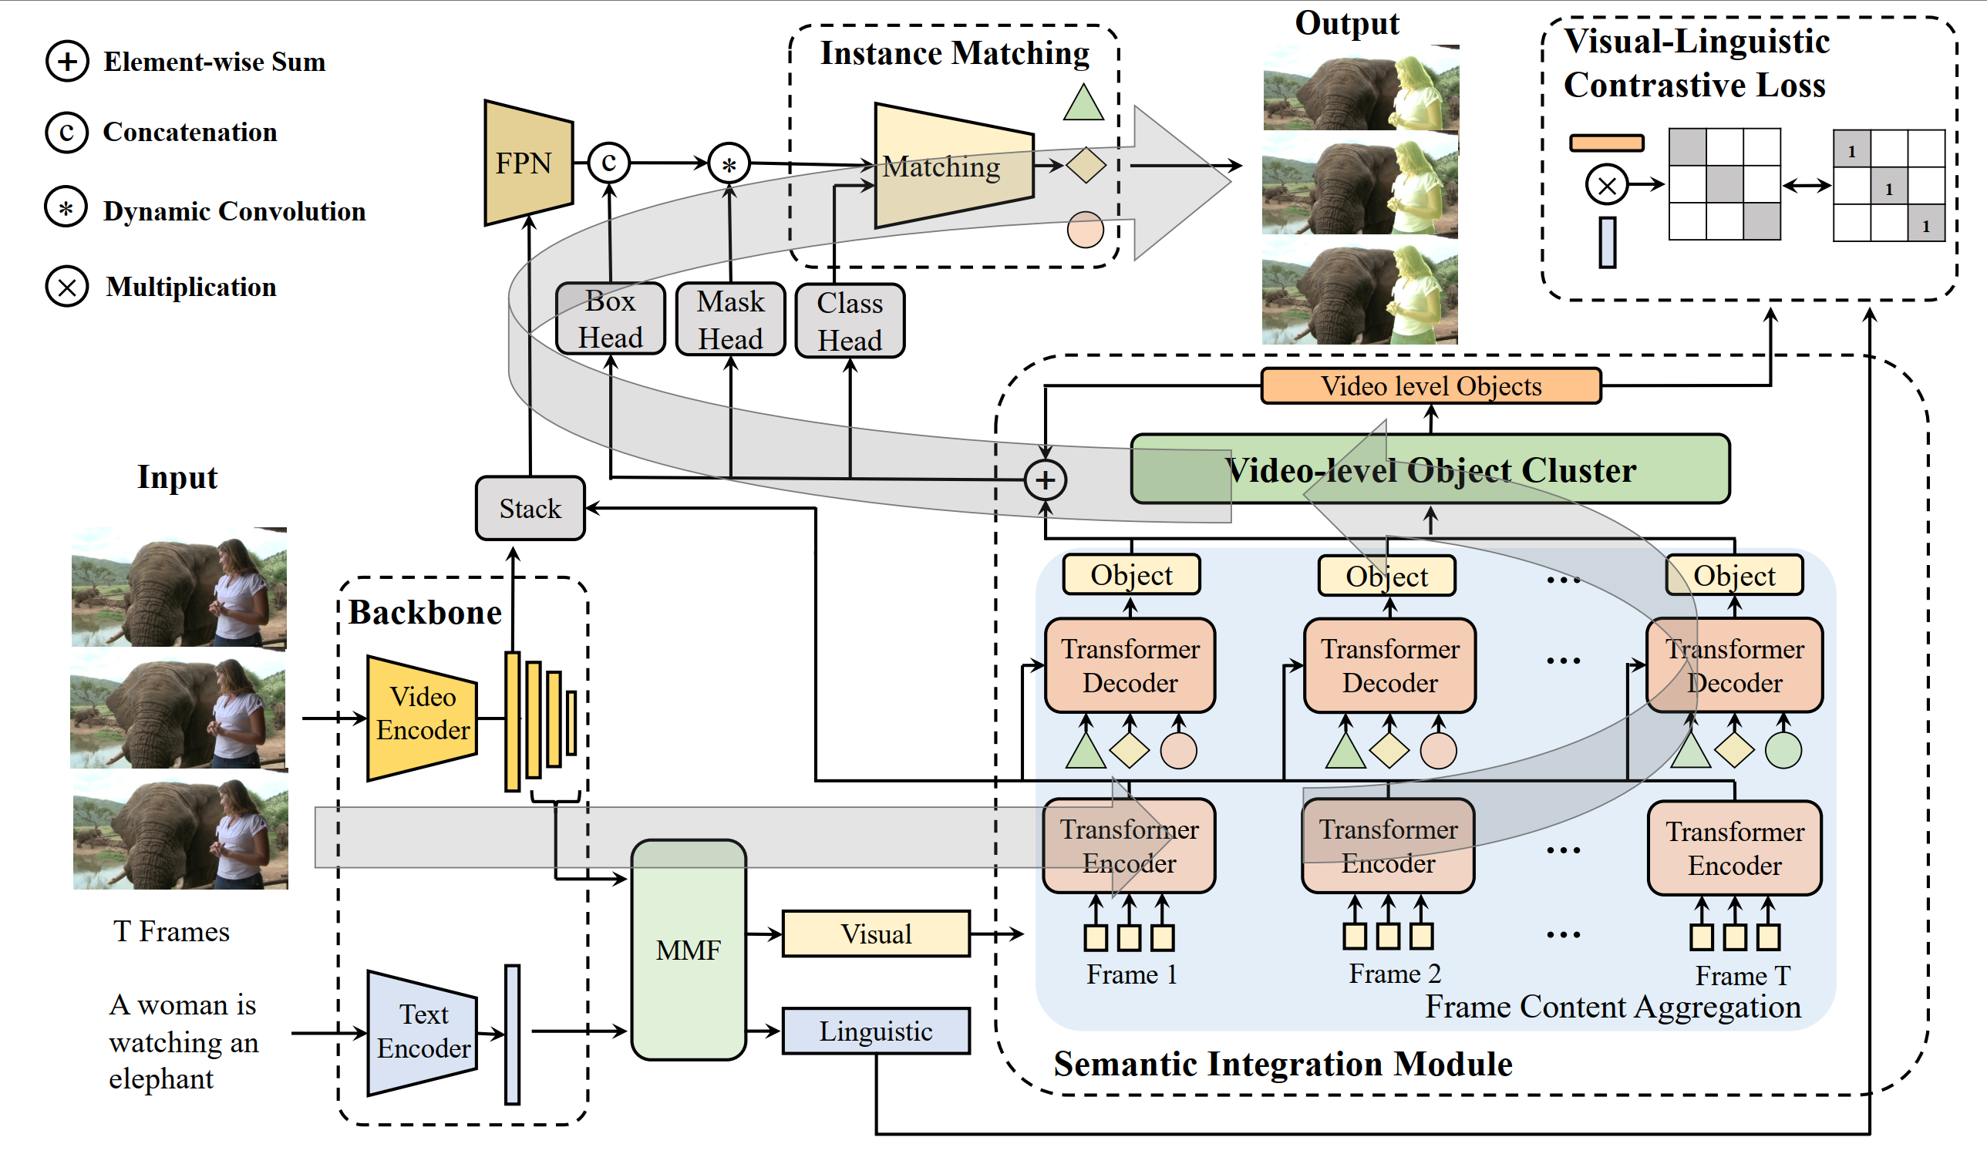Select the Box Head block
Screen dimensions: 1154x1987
[x=611, y=319]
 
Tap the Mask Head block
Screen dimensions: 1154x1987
[x=730, y=320]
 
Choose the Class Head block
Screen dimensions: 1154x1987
[x=849, y=321]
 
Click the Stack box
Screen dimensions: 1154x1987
[x=530, y=509]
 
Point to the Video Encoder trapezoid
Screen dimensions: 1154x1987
[x=423, y=718]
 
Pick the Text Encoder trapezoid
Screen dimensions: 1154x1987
[x=423, y=1032]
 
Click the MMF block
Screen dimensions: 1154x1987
[x=689, y=950]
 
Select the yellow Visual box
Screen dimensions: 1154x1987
[x=875, y=934]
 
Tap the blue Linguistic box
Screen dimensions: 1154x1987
[x=875, y=1031]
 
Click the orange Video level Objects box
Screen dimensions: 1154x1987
[x=1430, y=386]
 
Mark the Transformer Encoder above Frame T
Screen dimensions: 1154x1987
[x=1734, y=848]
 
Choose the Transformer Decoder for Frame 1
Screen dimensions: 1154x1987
[x=1129, y=665]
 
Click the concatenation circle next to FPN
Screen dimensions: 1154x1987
[x=608, y=163]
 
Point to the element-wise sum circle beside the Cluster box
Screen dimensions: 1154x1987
[x=1045, y=480]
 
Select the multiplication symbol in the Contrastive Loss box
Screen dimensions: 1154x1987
[x=1606, y=185]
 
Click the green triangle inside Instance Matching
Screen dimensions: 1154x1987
[x=1083, y=103]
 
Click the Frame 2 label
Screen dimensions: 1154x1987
[x=1394, y=974]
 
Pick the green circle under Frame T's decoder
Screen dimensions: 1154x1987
[x=1783, y=749]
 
